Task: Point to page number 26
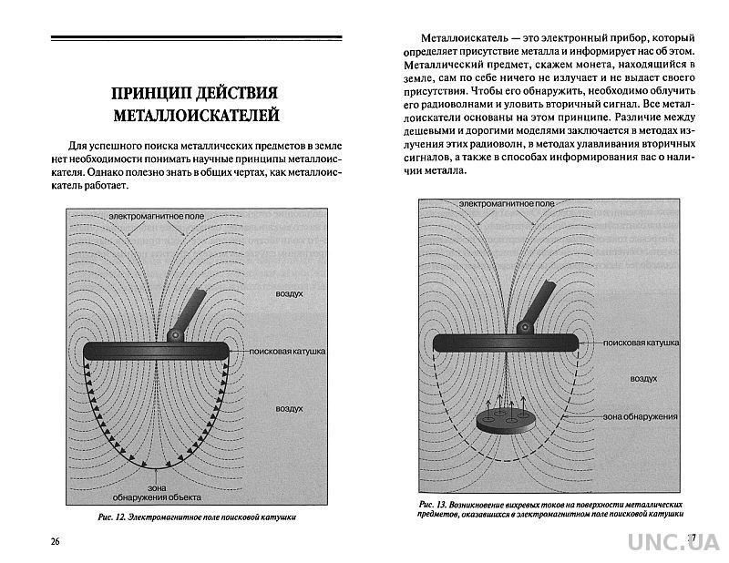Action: (56, 542)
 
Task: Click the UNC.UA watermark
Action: (673, 541)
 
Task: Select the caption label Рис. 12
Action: (115, 517)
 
